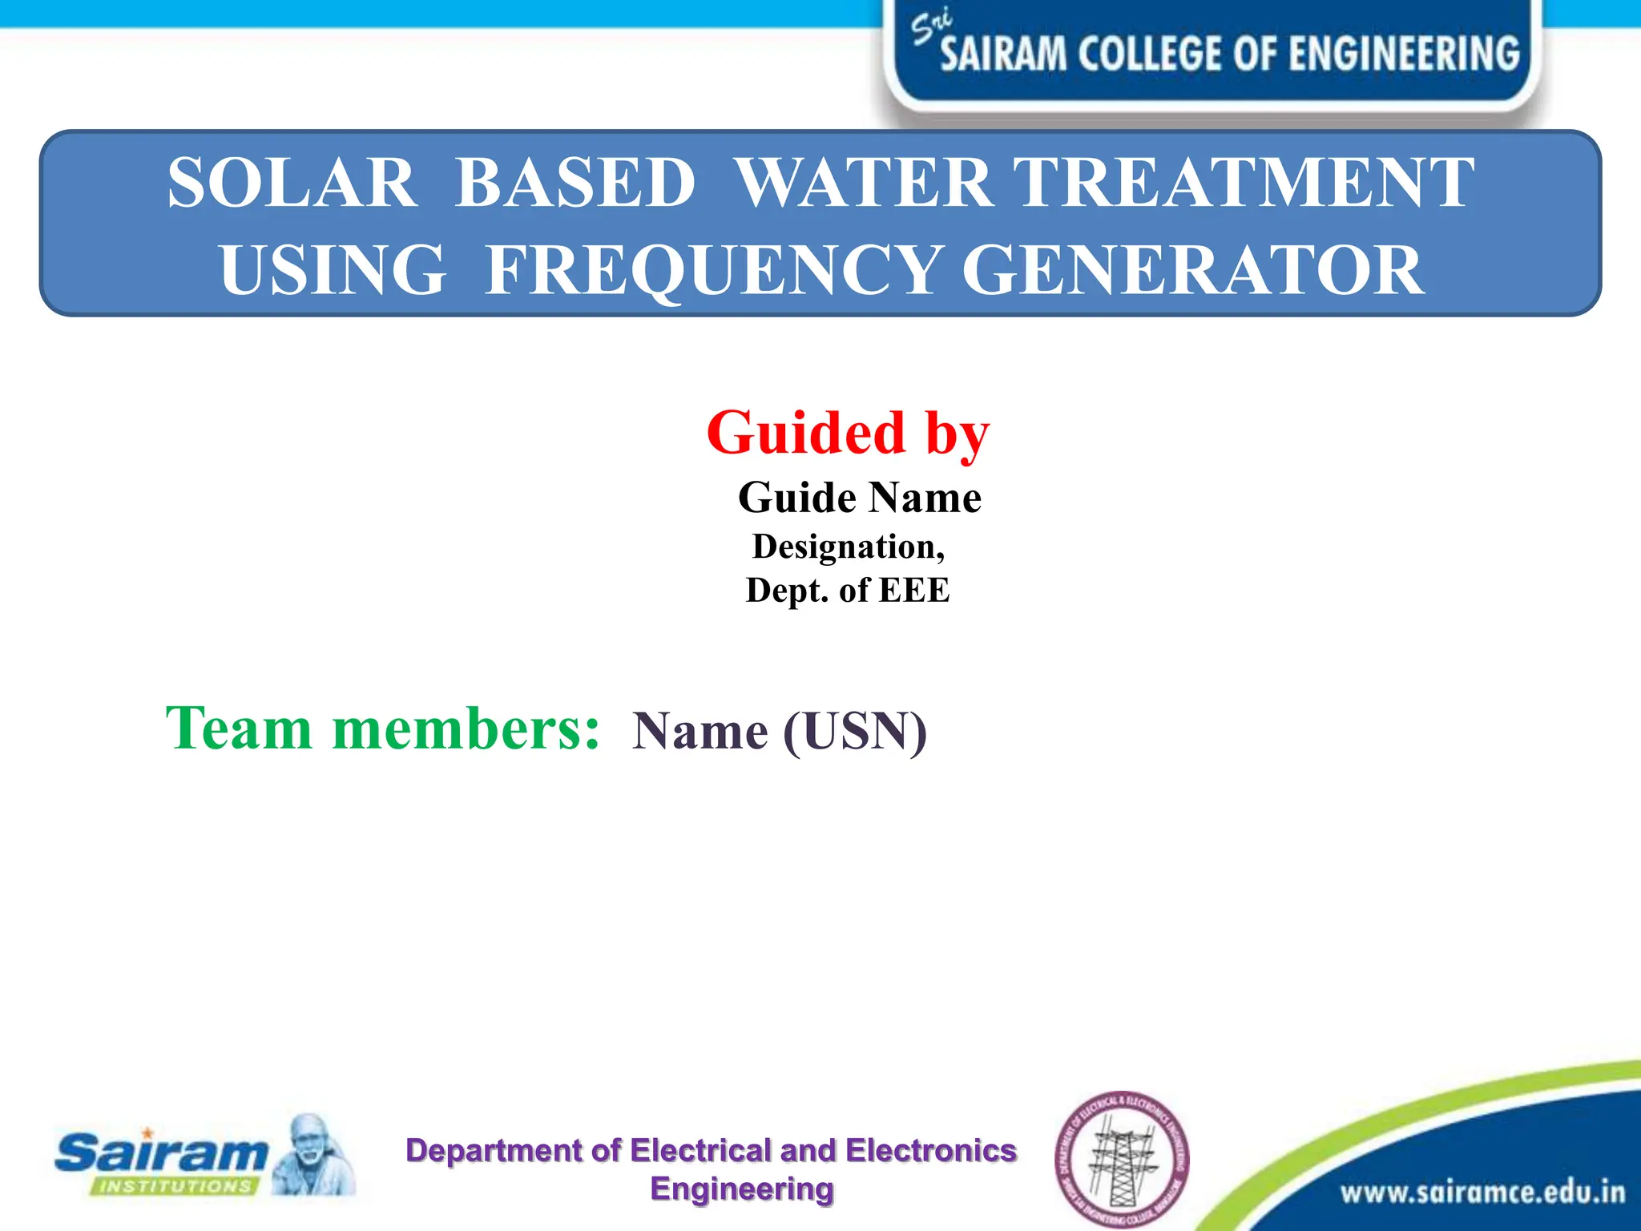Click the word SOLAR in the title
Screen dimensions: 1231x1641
coord(292,183)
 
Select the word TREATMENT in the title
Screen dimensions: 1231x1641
coord(1244,183)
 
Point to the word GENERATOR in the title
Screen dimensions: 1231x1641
coord(1192,271)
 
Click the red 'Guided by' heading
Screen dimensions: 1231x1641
coord(848,433)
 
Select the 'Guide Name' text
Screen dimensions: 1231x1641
coord(859,498)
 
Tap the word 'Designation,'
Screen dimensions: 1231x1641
coord(849,547)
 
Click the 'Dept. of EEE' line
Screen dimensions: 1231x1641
coord(848,591)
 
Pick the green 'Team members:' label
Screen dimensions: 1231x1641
coord(382,729)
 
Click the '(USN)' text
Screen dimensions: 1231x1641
coord(855,732)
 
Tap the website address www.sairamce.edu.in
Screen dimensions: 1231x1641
coord(1482,1193)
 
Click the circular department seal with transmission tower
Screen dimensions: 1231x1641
coord(1122,1159)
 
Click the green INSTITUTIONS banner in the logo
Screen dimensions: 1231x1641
coord(175,1186)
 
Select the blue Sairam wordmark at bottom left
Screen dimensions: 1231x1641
coord(160,1152)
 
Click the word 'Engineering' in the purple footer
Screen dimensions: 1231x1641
coord(742,1189)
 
